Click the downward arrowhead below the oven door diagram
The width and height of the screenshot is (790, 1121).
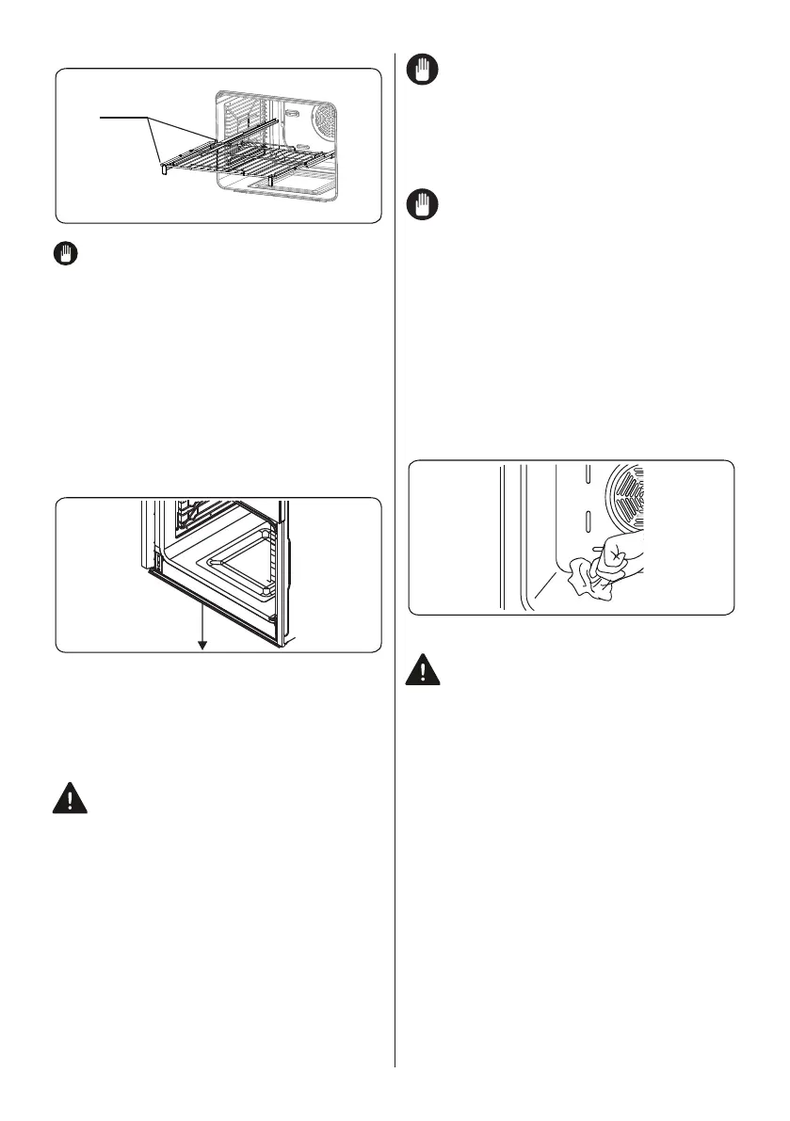click(201, 645)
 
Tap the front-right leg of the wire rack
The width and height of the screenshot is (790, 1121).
click(270, 178)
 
